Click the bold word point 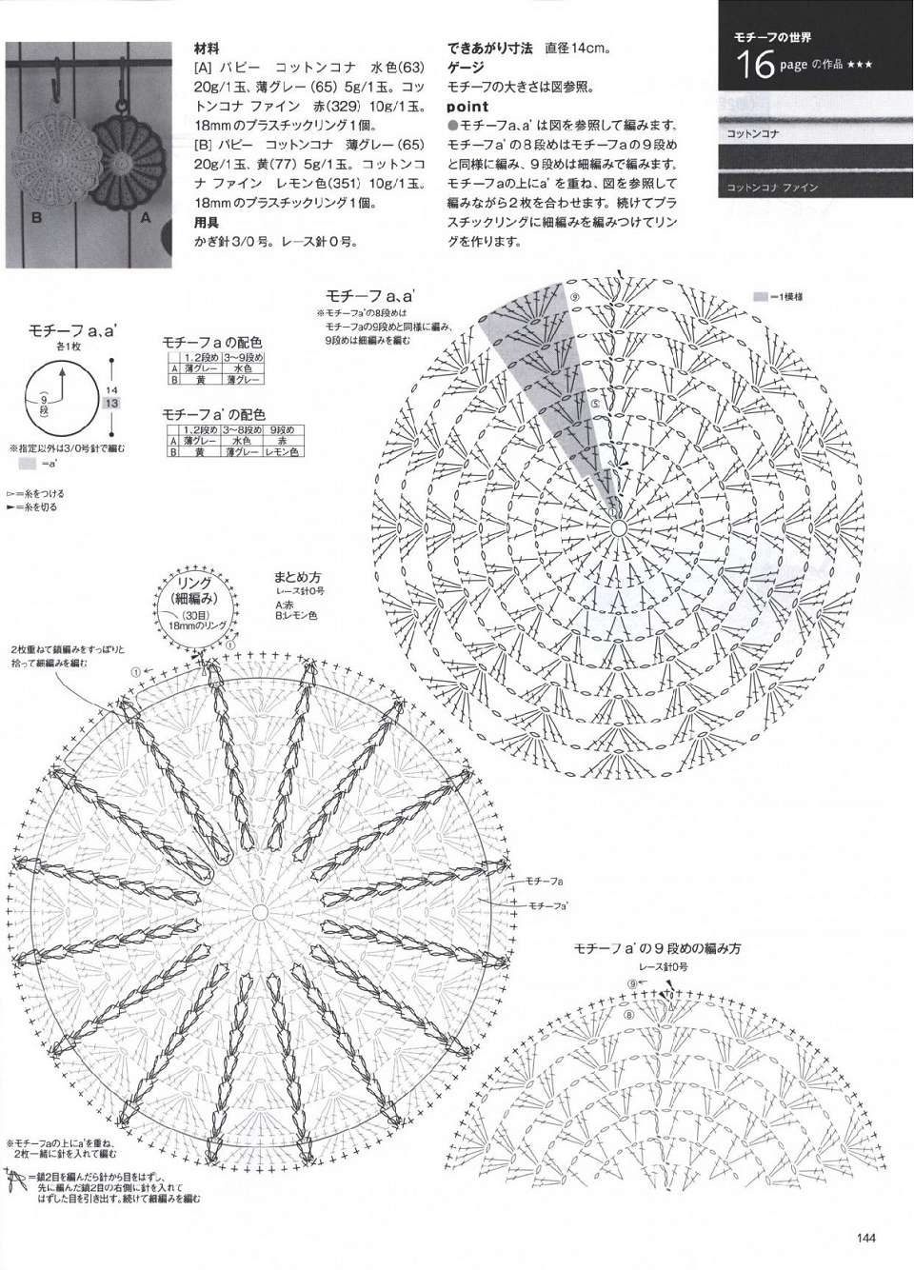pyautogui.click(x=467, y=107)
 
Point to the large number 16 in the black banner pyautogui.click(x=753, y=66)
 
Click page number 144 pyautogui.click(x=865, y=1238)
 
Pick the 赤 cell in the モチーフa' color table pyautogui.click(x=283, y=442)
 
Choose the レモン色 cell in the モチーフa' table pyautogui.click(x=283, y=452)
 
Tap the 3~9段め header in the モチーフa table pyautogui.click(x=245, y=357)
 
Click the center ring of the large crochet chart pyautogui.click(x=617, y=526)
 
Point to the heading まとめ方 pyautogui.click(x=298, y=577)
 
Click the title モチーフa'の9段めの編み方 pyautogui.click(x=657, y=948)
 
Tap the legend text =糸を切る pyautogui.click(x=38, y=507)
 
